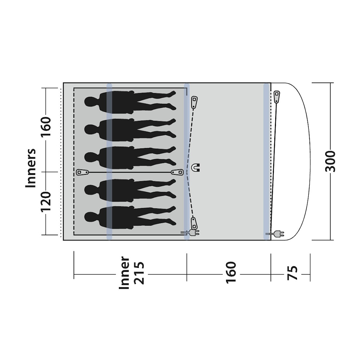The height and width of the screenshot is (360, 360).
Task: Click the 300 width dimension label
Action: pos(331,161)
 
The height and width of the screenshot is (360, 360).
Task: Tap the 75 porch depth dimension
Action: pos(292,273)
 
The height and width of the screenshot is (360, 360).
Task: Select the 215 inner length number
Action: pos(139,273)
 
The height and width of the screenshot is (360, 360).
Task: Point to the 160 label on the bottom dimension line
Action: pos(231,273)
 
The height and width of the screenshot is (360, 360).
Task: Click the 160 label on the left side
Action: pos(46,127)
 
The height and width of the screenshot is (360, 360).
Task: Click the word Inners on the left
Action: pos(30,168)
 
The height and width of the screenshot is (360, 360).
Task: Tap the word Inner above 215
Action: pos(124,273)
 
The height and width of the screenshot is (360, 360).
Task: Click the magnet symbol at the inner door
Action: pos(196,167)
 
